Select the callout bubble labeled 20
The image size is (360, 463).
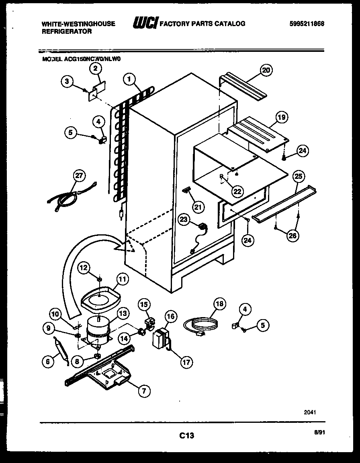pos(265,70)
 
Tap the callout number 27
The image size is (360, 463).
pos(80,176)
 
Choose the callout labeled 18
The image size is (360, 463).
pos(220,304)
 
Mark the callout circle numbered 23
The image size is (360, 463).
pos(184,219)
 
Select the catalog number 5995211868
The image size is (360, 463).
pos(307,24)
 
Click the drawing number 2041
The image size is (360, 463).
pos(310,412)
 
